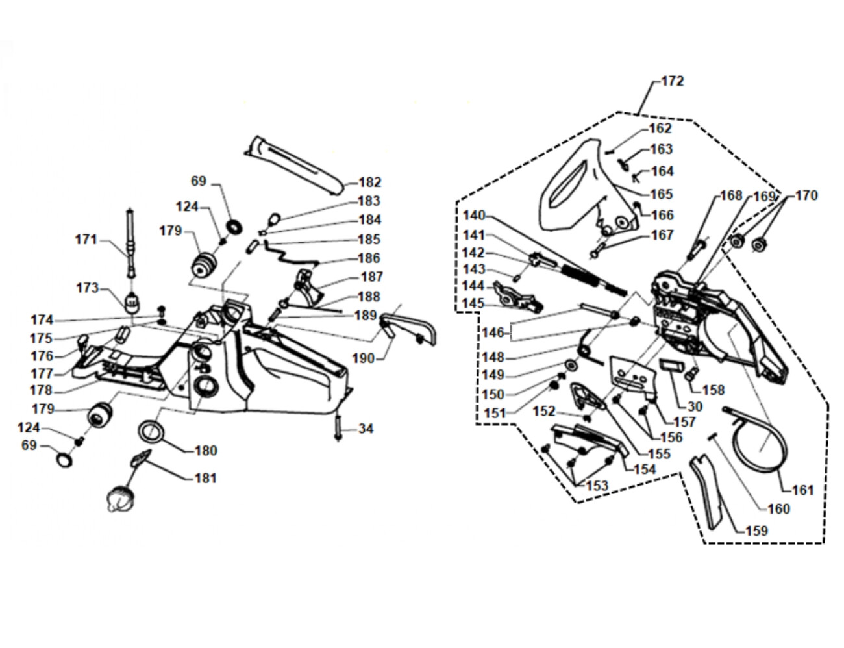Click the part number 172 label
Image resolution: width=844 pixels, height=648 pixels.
pos(673,81)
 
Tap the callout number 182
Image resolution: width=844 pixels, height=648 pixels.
pos(369,182)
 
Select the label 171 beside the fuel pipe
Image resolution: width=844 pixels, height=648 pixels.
pos(86,240)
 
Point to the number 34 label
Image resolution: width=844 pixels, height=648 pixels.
pos(366,429)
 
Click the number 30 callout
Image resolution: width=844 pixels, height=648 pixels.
pos(694,407)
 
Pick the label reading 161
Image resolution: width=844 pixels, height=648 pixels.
pos(802,490)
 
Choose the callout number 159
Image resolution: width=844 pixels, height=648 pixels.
pos(756,530)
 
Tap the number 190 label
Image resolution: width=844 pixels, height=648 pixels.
pos(363,358)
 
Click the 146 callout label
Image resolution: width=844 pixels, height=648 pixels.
pos(493,332)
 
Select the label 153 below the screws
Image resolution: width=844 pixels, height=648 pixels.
pos(597,486)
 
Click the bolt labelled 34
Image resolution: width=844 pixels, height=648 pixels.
pos(339,427)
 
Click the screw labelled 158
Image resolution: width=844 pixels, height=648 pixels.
pos(691,373)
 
